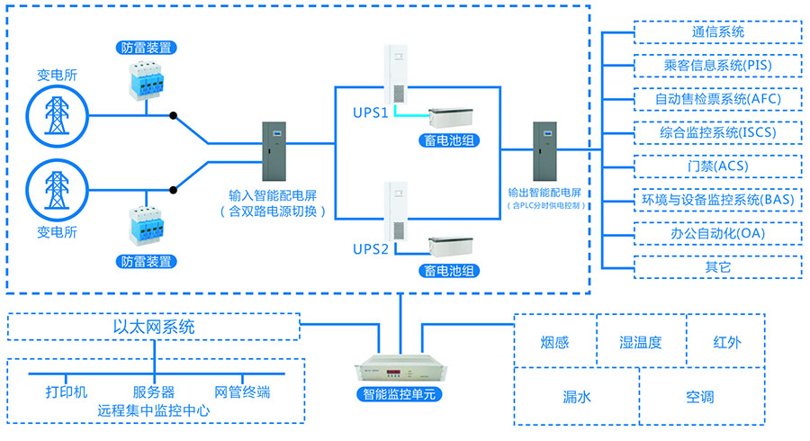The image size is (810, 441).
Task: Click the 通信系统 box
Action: (717, 32)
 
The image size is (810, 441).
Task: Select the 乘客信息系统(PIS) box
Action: (717, 66)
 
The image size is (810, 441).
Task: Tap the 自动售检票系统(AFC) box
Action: (717, 99)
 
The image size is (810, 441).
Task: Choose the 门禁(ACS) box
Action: (717, 166)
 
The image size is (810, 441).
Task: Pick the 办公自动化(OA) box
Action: (717, 233)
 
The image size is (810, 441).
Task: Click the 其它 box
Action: (717, 266)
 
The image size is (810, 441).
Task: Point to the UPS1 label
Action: (369, 114)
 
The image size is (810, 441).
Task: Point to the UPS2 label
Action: (369, 248)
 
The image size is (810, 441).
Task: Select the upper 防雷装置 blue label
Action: (146, 47)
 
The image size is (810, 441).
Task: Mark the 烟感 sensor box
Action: (554, 343)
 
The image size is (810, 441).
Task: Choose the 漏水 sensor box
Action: (576, 395)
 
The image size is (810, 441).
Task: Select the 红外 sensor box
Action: (725, 343)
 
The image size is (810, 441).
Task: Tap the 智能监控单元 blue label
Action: (399, 394)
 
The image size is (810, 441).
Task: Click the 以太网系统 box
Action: (154, 327)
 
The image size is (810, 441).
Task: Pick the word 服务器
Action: (154, 392)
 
